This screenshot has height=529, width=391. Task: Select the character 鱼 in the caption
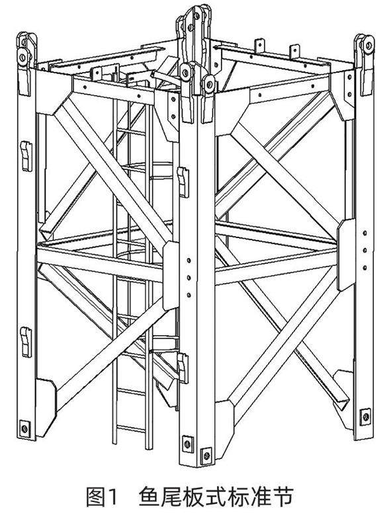[x=149, y=497]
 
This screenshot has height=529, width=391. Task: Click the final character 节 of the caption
[x=283, y=497]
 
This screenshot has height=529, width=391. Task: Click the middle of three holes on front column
[x=189, y=278]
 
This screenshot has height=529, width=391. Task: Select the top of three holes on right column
[x=365, y=233]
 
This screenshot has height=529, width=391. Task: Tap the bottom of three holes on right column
[x=365, y=268]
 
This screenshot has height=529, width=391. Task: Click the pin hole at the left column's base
[x=24, y=428]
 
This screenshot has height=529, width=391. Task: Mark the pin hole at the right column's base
[x=365, y=417]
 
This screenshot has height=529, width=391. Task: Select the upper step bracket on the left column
[x=26, y=156]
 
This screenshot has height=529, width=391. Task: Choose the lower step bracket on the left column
[x=26, y=341]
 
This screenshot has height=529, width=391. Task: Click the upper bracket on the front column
[x=183, y=182]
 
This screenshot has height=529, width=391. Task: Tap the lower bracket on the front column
[x=183, y=368]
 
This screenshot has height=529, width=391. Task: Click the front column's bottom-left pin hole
[x=188, y=444]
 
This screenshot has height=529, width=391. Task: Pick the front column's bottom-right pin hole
[x=206, y=456]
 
